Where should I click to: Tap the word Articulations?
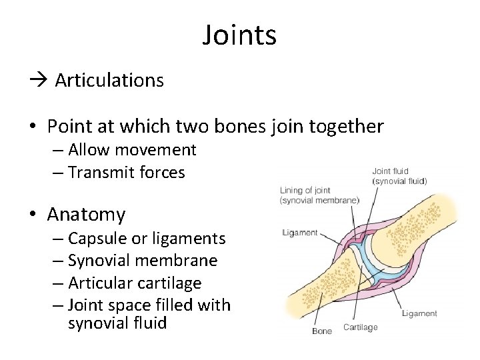tap(109, 81)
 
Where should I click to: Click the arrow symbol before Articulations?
tap(39, 81)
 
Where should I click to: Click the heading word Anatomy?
tap(86, 215)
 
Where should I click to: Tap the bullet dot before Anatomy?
tap(34, 215)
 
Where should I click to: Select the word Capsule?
tap(97, 238)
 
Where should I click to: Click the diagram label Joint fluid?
tap(390, 171)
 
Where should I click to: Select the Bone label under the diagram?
tap(322, 331)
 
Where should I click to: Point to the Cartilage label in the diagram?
tap(360, 327)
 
